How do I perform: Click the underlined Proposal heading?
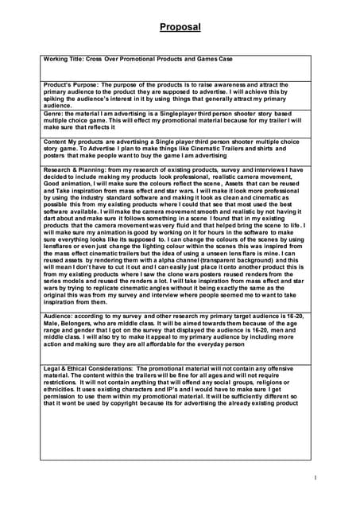coord(180,28)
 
